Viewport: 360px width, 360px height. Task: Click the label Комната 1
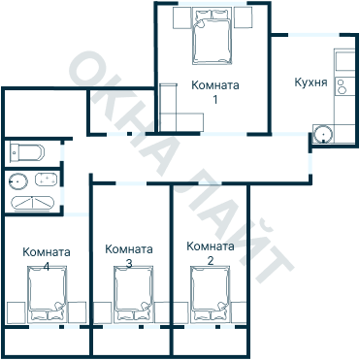(x=215, y=91)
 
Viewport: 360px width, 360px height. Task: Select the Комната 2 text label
(x=210, y=253)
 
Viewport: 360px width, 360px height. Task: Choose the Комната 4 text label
(x=46, y=259)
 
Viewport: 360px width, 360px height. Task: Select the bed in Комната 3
(x=134, y=294)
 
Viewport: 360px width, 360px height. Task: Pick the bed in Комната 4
(x=47, y=294)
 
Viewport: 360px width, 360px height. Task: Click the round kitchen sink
(x=323, y=135)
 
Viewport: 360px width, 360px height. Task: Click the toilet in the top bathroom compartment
(x=26, y=152)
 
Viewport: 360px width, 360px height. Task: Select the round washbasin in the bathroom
(x=18, y=180)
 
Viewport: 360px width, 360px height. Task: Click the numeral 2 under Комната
(x=210, y=261)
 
